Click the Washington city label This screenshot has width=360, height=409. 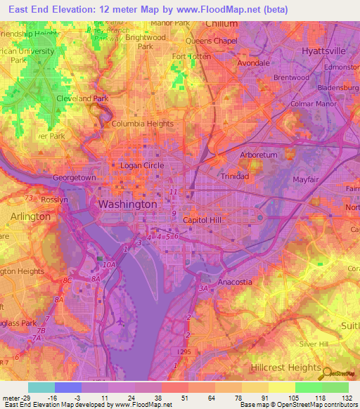point(127,204)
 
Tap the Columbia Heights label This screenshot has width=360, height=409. point(143,124)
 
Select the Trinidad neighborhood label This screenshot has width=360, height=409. point(235,176)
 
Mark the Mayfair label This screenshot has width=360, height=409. point(306,180)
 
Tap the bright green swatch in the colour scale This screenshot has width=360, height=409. point(308,387)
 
